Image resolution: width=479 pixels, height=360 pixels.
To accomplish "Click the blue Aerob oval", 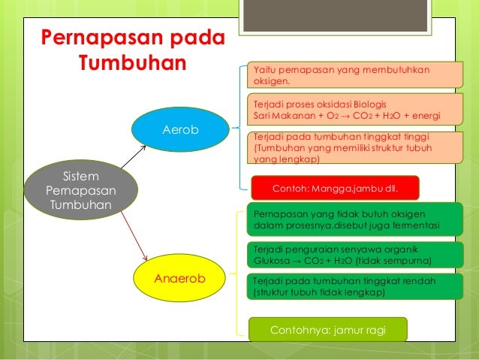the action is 180,130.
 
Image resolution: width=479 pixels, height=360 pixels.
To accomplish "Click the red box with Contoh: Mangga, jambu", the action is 333,187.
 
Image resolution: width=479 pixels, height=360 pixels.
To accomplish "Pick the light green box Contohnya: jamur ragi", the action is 327,329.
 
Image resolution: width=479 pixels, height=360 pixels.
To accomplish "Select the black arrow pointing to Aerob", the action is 132,159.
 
